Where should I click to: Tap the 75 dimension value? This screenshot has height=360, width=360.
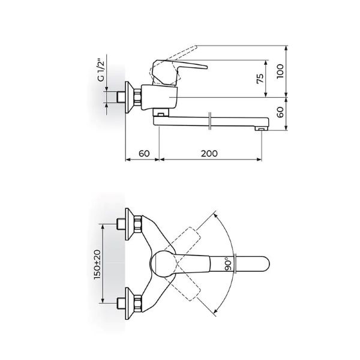click(259, 80)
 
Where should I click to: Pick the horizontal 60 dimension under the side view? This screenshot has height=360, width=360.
click(143, 153)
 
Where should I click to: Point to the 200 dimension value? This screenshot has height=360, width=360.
click(208, 153)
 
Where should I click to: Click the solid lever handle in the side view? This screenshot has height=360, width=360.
click(180, 66)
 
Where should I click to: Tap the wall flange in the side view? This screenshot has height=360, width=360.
click(128, 96)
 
